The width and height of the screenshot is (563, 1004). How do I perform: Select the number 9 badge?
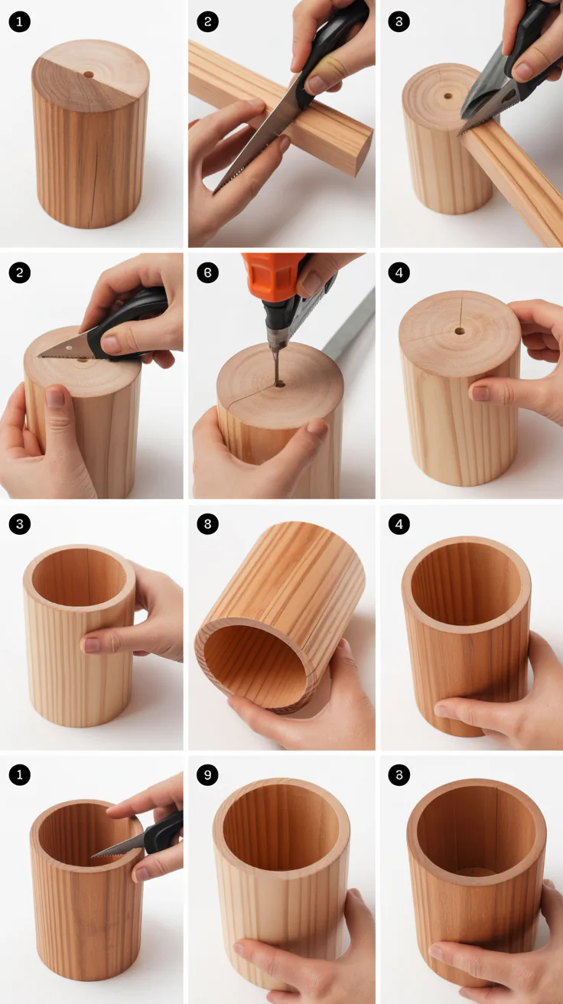pyautogui.click(x=208, y=775)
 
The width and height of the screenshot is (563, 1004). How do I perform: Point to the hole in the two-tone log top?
pyautogui.click(x=88, y=75)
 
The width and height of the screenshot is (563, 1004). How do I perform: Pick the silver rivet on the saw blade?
pyautogui.click(x=69, y=347)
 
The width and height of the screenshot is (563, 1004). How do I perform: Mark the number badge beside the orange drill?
pyautogui.click(x=208, y=272)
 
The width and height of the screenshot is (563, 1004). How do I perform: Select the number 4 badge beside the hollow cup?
pyautogui.click(x=399, y=524)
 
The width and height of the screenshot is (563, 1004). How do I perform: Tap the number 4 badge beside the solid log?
pyautogui.click(x=399, y=272)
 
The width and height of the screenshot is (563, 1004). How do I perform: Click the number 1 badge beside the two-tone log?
pyautogui.click(x=19, y=21)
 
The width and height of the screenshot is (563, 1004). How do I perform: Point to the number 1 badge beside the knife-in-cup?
pyautogui.click(x=19, y=775)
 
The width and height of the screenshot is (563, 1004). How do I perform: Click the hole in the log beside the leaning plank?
pyautogui.click(x=448, y=96)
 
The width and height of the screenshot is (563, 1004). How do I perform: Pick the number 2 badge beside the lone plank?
pyautogui.click(x=208, y=21)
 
